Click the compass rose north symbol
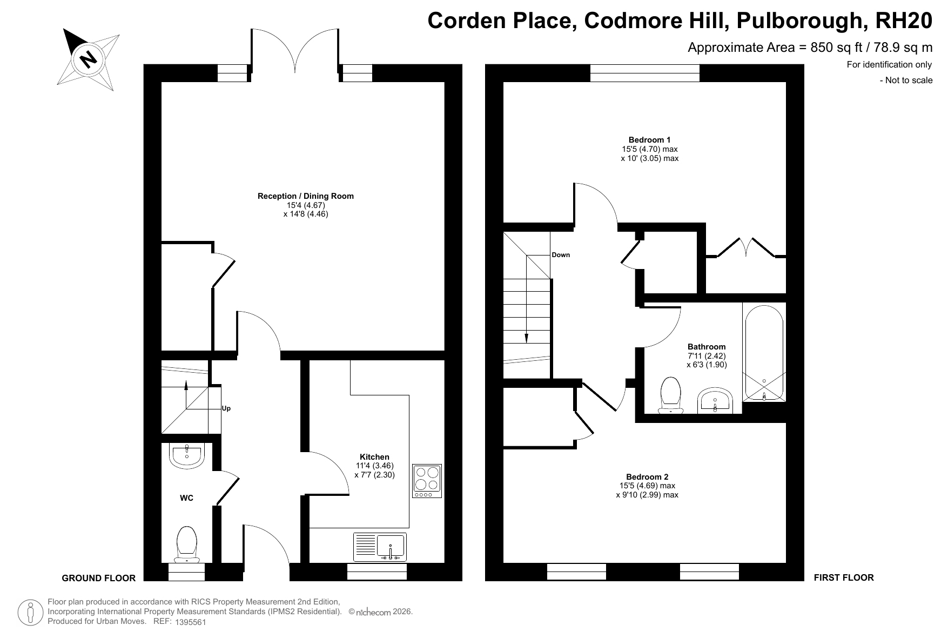tap(88, 59)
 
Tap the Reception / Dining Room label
tap(306, 196)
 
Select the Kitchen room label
tap(374, 457)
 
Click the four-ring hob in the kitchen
tap(427, 481)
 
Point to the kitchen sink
tap(380, 547)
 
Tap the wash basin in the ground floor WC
tap(186, 455)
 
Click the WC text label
tap(186, 498)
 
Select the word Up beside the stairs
tap(226, 408)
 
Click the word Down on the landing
tap(561, 255)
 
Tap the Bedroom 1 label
tap(649, 140)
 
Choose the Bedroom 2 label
tap(647, 477)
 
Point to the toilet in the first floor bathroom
tap(670, 395)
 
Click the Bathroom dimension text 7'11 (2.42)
tap(707, 356)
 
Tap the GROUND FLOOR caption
tap(99, 578)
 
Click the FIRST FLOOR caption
tap(844, 577)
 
